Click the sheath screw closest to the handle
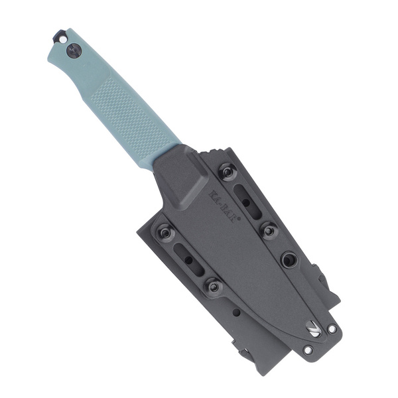pyautogui.click(x=228, y=171)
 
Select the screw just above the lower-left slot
pyautogui.click(x=165, y=233)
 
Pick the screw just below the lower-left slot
pyautogui.click(x=213, y=286)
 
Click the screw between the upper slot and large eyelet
pyautogui.click(x=269, y=231)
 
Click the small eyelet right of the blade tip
pyautogui.click(x=331, y=328)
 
